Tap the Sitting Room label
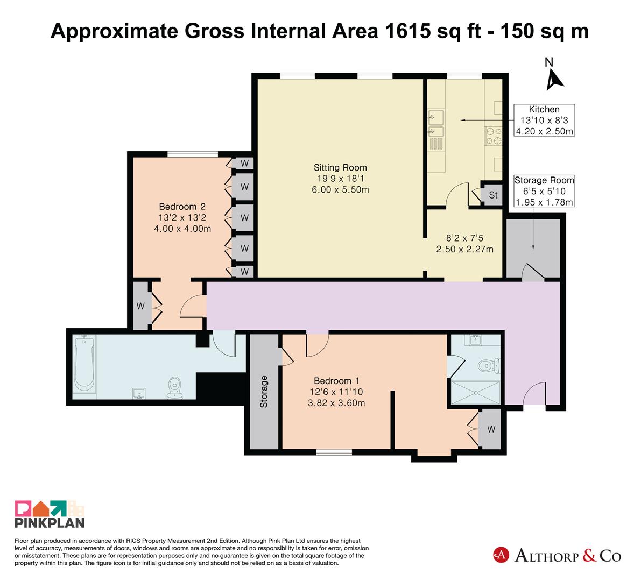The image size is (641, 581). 340,167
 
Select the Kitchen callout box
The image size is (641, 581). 544,120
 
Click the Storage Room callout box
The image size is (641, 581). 544,191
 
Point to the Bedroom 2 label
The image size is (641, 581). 182,207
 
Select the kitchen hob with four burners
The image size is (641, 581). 494,136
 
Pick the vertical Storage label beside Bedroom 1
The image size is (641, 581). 264,392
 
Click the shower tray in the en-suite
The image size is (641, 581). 476,392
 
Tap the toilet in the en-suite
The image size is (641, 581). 489,365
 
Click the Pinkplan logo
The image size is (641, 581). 50,514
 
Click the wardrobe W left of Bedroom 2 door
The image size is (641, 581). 140,306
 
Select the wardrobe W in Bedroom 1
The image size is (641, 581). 491,429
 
